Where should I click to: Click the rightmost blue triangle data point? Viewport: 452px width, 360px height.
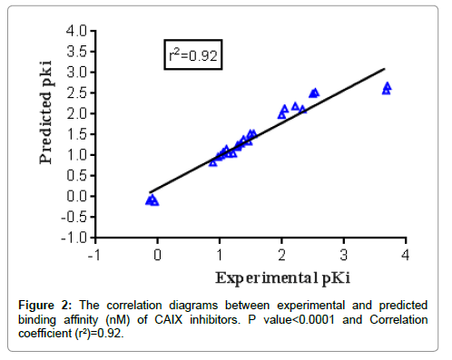(x=388, y=87)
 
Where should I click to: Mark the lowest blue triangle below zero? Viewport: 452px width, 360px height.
(x=154, y=201)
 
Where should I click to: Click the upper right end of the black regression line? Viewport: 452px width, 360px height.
(x=384, y=69)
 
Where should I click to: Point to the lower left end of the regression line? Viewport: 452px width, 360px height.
(x=150, y=191)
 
